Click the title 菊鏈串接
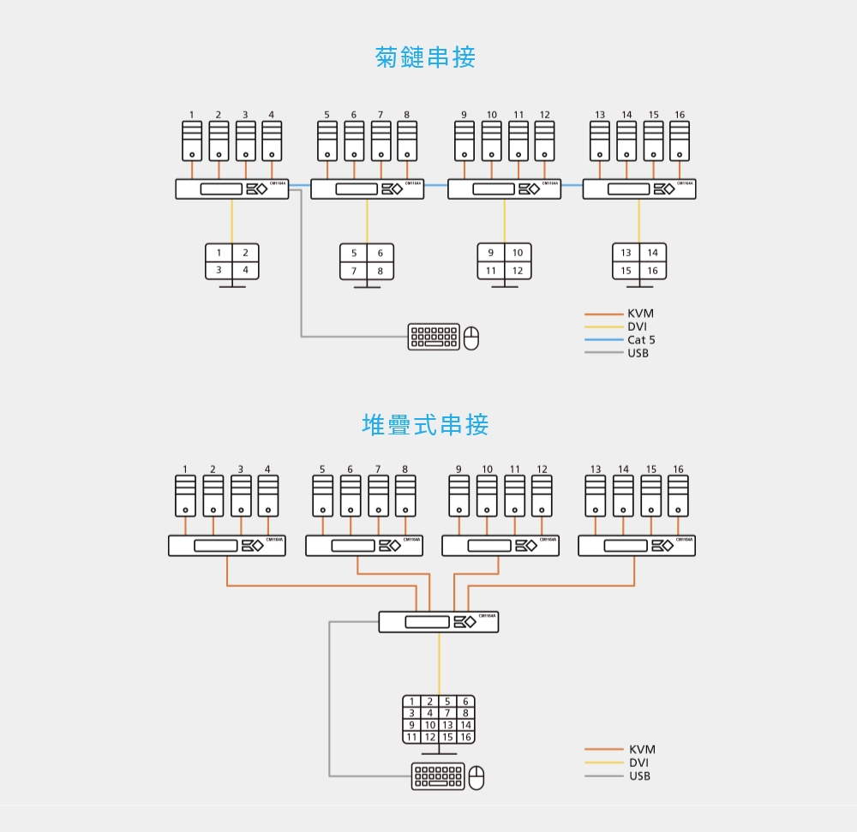[x=426, y=57]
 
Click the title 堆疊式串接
[x=426, y=424]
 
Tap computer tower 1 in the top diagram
[x=192, y=141]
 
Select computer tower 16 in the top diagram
[x=680, y=141]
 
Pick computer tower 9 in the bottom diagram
[x=459, y=496]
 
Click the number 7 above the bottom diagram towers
[x=377, y=469]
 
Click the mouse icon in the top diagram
[x=471, y=338]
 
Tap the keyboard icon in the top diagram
[x=434, y=338]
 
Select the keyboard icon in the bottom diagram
[x=438, y=776]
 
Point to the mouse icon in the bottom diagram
[x=476, y=778]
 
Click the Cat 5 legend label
[x=641, y=340]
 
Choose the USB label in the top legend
[x=638, y=353]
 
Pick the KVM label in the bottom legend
[x=642, y=750]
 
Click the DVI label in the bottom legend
[x=639, y=763]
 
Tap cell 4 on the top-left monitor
[x=245, y=270]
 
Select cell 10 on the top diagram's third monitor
[x=518, y=253]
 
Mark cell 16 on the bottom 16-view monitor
[x=465, y=737]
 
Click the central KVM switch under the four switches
[x=439, y=622]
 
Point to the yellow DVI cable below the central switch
[x=439, y=664]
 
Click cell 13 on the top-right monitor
[x=626, y=253]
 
